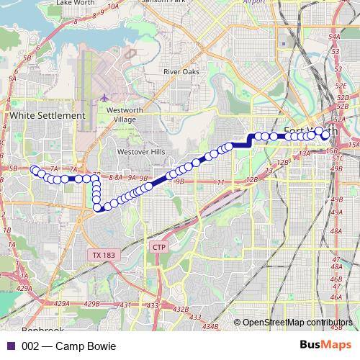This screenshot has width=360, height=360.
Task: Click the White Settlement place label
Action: coord(48,115)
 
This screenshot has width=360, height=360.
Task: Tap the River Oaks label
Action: coord(181,72)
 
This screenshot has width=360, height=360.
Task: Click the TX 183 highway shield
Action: coord(104,255)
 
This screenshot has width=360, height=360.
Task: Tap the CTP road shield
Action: coord(159,247)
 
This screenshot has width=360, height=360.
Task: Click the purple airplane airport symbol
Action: coord(105,97)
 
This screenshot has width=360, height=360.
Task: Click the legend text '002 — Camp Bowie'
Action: coord(68,346)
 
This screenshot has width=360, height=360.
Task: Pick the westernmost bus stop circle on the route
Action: coord(34,170)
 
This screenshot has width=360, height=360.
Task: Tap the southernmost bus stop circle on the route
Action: coord(98,208)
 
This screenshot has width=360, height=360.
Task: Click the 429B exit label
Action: coord(91,305)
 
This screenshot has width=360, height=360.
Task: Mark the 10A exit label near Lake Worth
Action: coord(113,6)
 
